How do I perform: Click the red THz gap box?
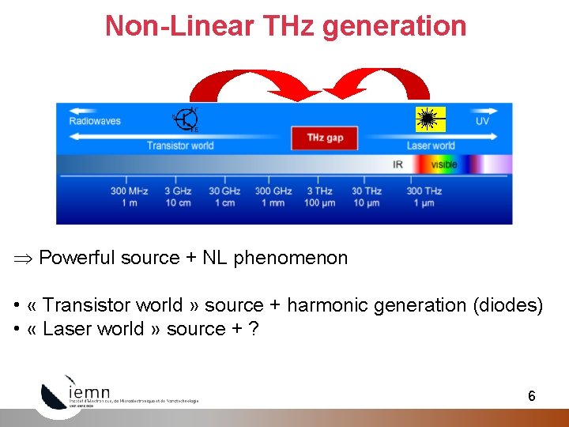click(325, 138)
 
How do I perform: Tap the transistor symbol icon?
click(187, 119)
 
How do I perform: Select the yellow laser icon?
click(431, 119)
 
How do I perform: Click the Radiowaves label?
click(95, 121)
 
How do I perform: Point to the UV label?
click(482, 121)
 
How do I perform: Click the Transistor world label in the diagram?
click(180, 145)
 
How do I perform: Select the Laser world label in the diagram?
click(431, 145)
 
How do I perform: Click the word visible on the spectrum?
click(443, 164)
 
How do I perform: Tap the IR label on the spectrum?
click(398, 164)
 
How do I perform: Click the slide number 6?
click(532, 396)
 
